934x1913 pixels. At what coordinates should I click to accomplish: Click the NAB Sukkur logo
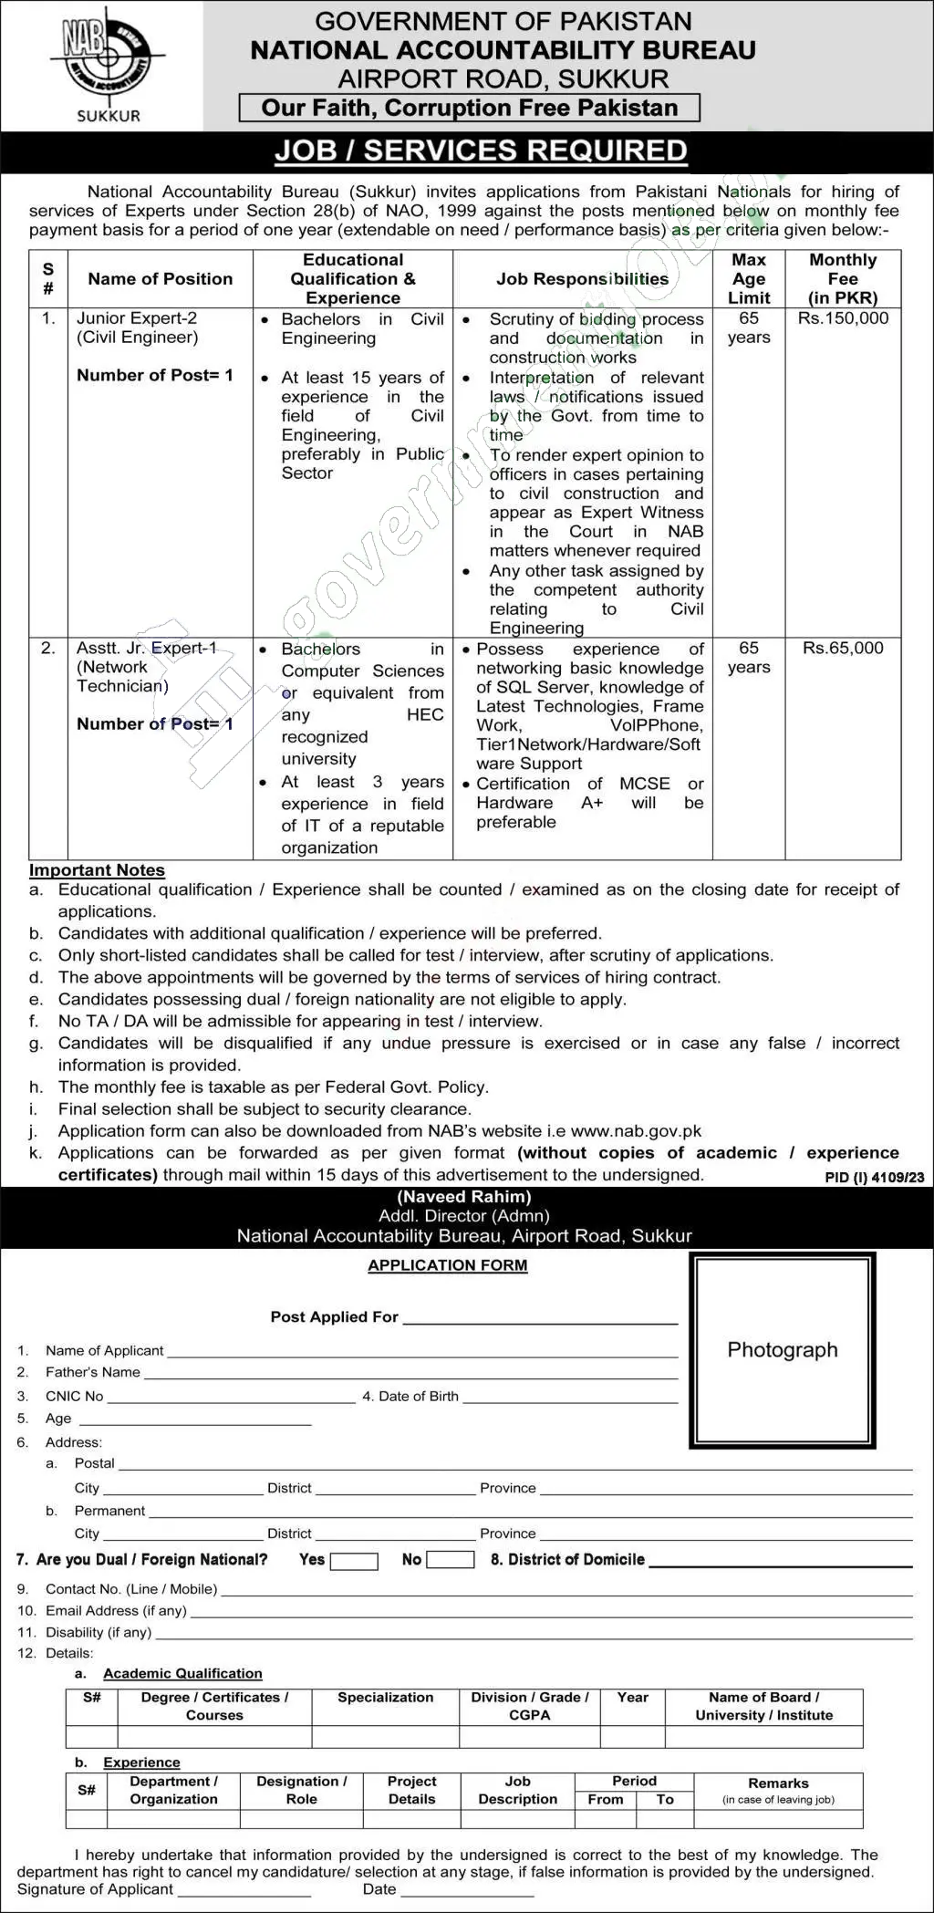pos(102,64)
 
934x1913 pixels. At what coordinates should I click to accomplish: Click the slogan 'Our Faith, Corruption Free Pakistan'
pos(469,108)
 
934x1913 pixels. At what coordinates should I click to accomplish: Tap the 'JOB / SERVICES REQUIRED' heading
pos(481,151)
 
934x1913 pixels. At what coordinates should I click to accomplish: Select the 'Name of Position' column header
pos(160,279)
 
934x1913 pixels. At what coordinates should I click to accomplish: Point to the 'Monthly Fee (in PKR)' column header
pos(842,278)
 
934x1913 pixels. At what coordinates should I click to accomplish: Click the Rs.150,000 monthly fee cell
pos(842,318)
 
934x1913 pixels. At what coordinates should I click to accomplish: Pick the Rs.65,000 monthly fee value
pos(842,649)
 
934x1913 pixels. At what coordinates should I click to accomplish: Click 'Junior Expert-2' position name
pos(137,318)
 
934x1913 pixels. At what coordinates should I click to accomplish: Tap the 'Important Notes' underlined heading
pos(97,870)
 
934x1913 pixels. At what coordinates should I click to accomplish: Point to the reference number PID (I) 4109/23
pos(874,1178)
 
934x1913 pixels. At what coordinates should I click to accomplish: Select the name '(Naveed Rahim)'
pos(464,1197)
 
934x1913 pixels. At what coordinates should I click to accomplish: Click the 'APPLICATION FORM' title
pos(447,1265)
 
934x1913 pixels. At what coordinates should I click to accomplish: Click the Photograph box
pos(782,1350)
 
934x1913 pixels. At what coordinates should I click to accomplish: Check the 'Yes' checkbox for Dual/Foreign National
pos(354,1561)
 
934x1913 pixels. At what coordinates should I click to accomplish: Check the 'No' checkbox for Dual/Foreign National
pos(450,1560)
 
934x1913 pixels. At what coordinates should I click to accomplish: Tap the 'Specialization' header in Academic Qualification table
pos(385,1698)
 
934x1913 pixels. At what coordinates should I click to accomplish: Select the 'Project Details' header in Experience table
pos(411,1790)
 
